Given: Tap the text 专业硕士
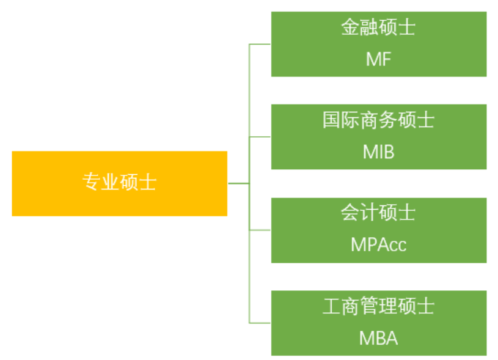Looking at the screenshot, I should [x=119, y=182].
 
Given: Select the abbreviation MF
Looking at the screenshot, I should [x=378, y=59].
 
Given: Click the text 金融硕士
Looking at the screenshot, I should [x=378, y=28].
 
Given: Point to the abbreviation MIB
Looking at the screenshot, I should [x=378, y=152].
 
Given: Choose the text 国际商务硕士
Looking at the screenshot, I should [x=378, y=120].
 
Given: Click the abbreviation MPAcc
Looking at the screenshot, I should [x=378, y=244].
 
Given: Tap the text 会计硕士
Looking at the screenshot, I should [x=378, y=213].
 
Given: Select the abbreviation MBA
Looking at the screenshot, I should [x=378, y=337].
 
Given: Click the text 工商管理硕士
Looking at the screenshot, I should [x=378, y=306].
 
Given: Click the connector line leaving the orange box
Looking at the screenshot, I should [x=238, y=183].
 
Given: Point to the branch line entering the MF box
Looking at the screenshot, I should [x=260, y=44].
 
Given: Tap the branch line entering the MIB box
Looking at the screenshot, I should [x=260, y=136].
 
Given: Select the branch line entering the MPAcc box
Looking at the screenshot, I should [x=260, y=230].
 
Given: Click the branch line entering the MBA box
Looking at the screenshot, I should [x=260, y=323].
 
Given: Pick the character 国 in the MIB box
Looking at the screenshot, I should [x=331, y=120].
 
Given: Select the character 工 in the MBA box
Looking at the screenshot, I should [x=331, y=306].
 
